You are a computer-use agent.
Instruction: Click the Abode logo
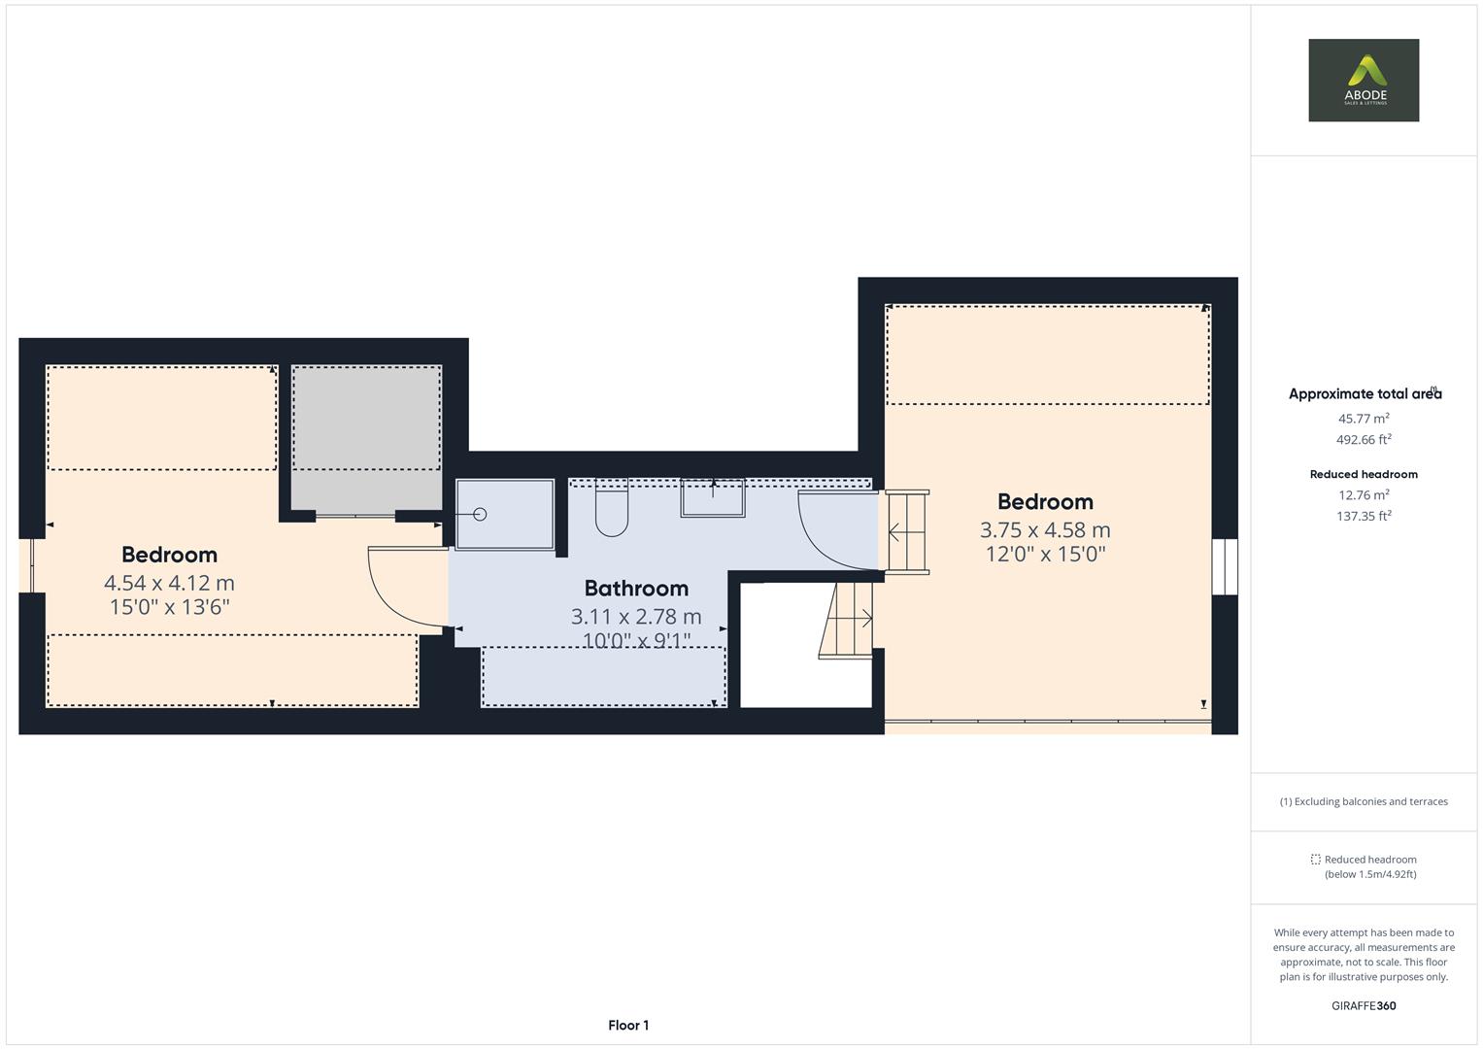coord(1363,81)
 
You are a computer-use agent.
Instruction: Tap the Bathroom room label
coord(636,589)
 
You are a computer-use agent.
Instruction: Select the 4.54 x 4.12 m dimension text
coord(169,583)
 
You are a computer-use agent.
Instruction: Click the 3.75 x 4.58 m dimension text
coord(1045,530)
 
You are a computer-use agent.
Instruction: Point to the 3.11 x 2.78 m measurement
coord(636,617)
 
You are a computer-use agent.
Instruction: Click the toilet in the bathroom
coord(612,511)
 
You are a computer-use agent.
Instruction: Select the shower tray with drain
coord(504,514)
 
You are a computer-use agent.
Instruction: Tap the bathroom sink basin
coord(712,498)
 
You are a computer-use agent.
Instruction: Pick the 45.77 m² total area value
coord(1364,419)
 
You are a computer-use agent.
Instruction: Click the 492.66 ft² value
coord(1364,440)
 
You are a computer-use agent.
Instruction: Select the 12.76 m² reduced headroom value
coord(1364,495)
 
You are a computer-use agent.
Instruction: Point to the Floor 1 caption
coord(628,1026)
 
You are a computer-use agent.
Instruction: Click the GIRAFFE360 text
coord(1364,1006)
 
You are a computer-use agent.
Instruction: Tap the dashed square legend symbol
coord(1315,860)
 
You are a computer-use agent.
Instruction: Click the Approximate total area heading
coord(1364,394)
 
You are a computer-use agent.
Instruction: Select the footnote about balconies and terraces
coord(1364,802)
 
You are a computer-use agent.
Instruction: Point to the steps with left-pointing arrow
coord(907,532)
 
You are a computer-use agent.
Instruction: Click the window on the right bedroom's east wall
coord(1225,566)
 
